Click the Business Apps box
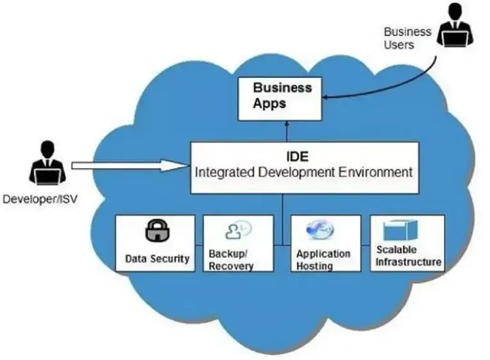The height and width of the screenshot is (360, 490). (x=280, y=99)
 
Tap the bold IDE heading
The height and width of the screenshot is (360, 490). (x=298, y=157)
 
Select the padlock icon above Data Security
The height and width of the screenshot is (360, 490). (x=157, y=230)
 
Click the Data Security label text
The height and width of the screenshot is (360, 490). (x=157, y=259)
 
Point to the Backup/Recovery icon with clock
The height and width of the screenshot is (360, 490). (x=239, y=230)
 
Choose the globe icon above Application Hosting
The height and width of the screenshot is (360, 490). (x=320, y=229)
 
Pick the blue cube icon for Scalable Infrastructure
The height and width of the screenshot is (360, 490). (x=400, y=230)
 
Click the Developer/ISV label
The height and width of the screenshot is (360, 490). (x=40, y=199)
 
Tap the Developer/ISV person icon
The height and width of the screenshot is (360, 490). (x=47, y=162)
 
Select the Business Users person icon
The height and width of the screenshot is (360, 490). (x=455, y=25)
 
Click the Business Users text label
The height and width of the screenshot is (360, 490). (x=407, y=38)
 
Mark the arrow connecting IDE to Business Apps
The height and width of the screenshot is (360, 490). (x=287, y=132)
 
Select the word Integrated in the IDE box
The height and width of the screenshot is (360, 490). (x=224, y=173)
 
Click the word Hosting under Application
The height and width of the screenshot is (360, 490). (x=314, y=266)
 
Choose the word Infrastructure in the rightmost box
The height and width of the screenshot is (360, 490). (x=409, y=262)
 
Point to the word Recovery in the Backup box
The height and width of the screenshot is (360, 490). (x=231, y=266)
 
